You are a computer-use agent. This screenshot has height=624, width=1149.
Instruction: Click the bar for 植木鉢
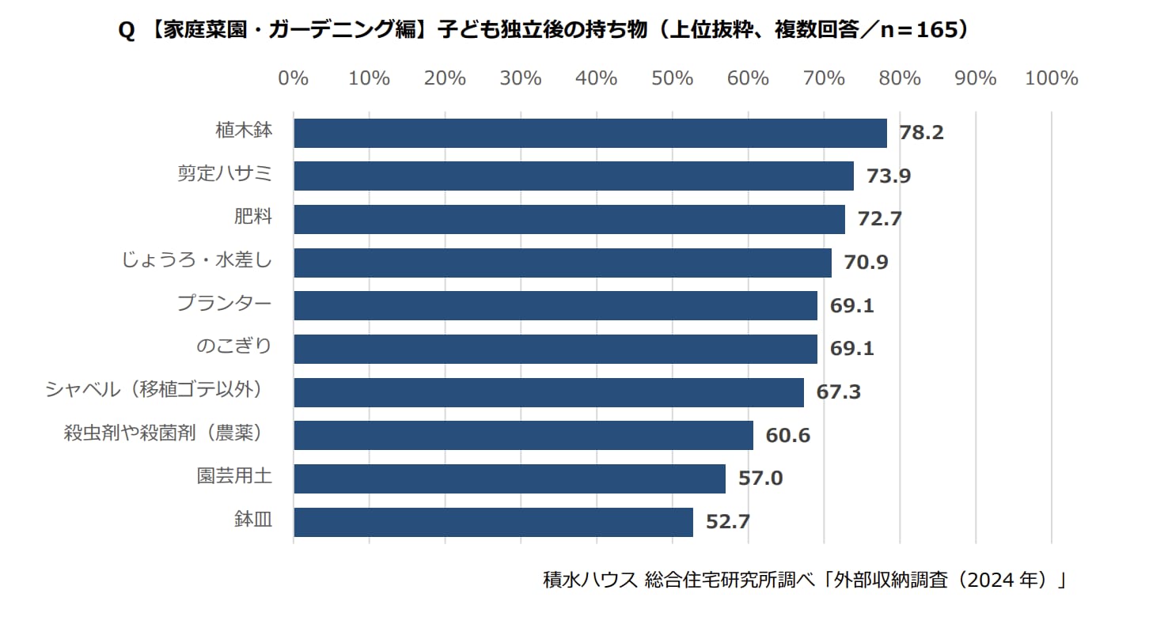click(x=590, y=133)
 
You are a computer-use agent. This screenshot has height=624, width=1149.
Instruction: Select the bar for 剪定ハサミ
click(x=573, y=176)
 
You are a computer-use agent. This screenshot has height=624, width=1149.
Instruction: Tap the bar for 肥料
click(x=569, y=219)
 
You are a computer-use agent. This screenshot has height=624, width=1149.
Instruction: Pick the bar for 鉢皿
click(x=493, y=522)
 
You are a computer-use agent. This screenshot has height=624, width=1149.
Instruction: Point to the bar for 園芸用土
click(x=509, y=478)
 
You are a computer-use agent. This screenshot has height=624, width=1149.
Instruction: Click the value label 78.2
click(x=921, y=133)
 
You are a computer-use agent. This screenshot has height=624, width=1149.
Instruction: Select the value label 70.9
click(x=866, y=262)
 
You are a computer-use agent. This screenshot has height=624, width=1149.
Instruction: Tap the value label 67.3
click(x=838, y=391)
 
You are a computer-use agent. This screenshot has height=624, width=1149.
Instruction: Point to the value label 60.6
click(x=787, y=435)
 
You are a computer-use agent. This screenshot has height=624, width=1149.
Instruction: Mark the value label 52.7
click(x=727, y=522)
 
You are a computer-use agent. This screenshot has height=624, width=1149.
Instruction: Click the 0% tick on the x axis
click(x=294, y=78)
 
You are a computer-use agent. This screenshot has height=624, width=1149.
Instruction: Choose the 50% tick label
click(x=672, y=78)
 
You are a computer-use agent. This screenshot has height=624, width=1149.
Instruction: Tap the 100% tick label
click(x=1051, y=78)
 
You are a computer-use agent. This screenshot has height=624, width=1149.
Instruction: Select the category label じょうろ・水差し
click(x=197, y=259)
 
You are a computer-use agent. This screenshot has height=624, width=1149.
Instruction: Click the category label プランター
click(x=224, y=303)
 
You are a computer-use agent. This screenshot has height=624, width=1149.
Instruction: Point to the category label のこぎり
click(x=233, y=346)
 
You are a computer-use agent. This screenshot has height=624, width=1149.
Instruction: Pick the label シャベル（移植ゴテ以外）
click(x=154, y=389)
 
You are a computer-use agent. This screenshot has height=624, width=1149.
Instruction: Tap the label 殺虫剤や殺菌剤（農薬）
click(x=162, y=433)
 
